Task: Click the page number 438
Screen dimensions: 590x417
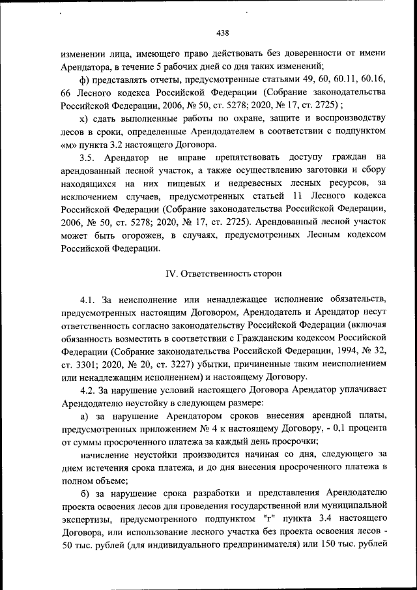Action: (222, 33)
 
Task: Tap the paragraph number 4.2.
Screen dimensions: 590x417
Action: (88, 390)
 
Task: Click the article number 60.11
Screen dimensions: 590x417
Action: (337, 80)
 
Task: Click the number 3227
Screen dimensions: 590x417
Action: (199, 364)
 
